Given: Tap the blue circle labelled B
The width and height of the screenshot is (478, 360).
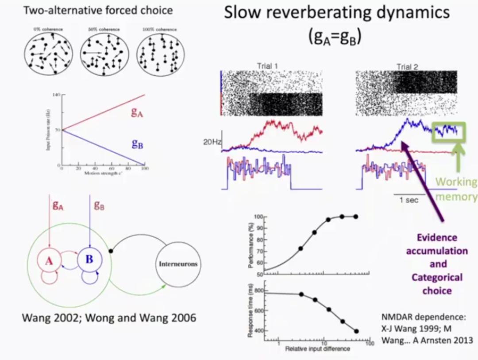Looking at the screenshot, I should point(89,259).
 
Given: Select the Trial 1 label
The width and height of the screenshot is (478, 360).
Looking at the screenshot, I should point(267,67).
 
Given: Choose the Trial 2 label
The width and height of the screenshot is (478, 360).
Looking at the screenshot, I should point(407,67).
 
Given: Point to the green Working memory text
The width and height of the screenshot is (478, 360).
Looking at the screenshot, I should point(456,189).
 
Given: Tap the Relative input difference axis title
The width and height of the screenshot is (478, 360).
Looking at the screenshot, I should point(318,349).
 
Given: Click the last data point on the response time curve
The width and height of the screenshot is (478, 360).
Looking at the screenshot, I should point(356,331).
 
